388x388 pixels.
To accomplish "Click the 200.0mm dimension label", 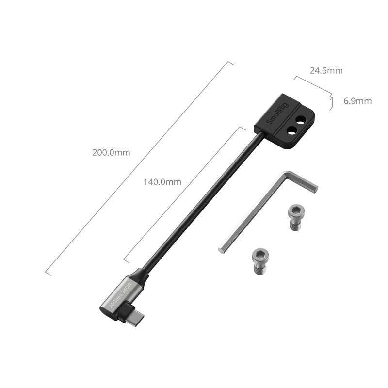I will click(x=112, y=152).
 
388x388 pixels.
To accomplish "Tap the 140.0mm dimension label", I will click(x=162, y=182).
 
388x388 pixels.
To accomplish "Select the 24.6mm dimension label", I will click(x=326, y=71).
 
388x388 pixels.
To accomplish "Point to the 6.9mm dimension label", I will click(x=357, y=101).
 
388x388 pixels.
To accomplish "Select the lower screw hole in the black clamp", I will click(x=291, y=130).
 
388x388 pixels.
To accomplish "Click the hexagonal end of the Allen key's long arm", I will click(x=221, y=248).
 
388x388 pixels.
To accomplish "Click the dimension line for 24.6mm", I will click(x=313, y=85).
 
